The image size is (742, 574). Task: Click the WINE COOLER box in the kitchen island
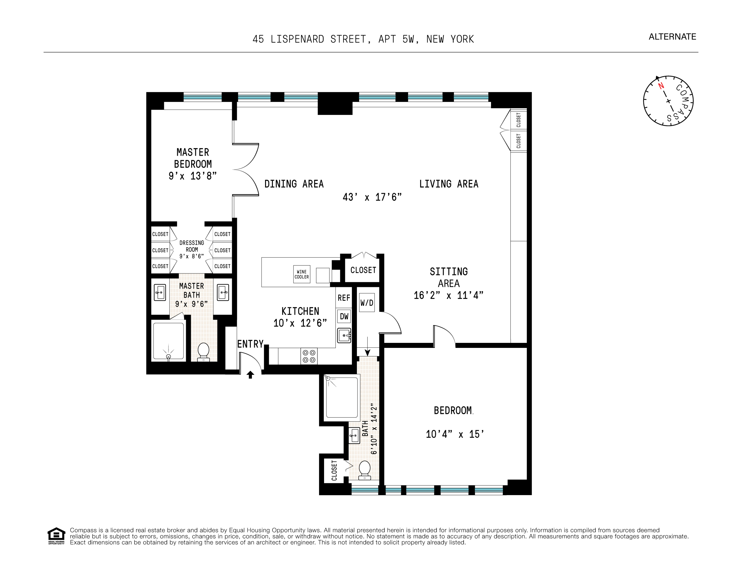302,274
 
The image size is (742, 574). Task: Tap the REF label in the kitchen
344,298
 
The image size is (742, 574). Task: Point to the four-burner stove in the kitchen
309,356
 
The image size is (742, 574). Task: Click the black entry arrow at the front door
251,374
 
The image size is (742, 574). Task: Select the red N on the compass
661,86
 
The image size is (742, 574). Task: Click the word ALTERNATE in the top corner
672,37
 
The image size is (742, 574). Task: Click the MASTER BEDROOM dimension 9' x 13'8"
193,176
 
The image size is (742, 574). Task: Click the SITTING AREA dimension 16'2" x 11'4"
448,295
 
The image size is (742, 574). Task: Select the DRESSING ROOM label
192,246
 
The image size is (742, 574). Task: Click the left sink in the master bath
160,292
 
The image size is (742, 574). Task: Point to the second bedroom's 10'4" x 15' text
455,434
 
